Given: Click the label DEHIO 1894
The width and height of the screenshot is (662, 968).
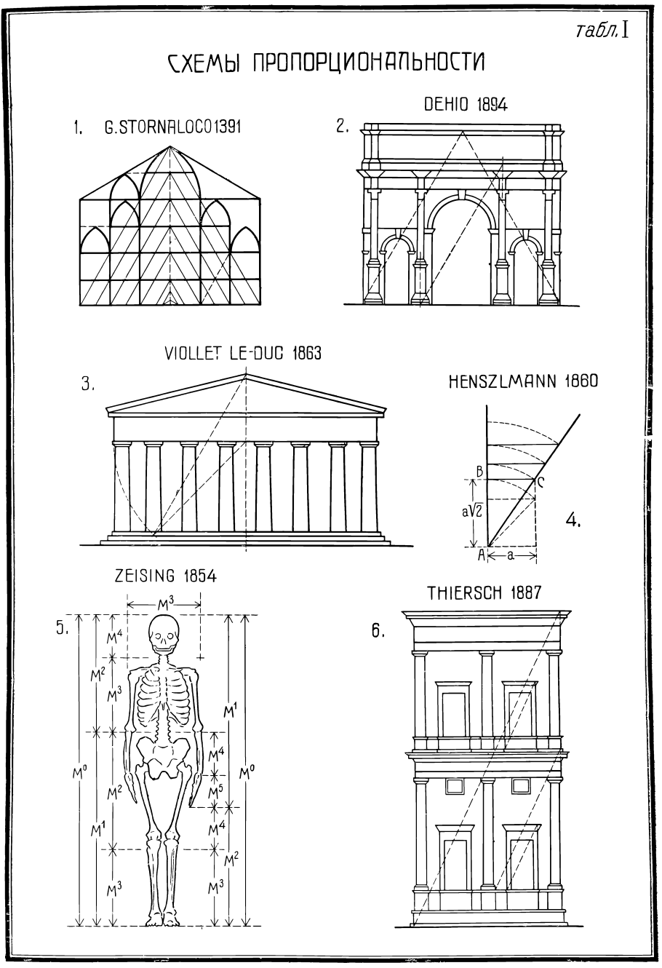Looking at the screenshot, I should [x=466, y=106].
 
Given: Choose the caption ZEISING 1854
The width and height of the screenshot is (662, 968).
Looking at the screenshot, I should [x=165, y=576].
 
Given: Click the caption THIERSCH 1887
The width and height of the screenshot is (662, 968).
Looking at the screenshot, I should [x=484, y=592].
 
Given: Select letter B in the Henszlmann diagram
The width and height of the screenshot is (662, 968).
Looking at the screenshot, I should [x=479, y=471].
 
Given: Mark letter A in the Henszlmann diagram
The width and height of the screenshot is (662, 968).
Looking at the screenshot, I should [x=480, y=555].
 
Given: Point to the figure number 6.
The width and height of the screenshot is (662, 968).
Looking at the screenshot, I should [x=378, y=631].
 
